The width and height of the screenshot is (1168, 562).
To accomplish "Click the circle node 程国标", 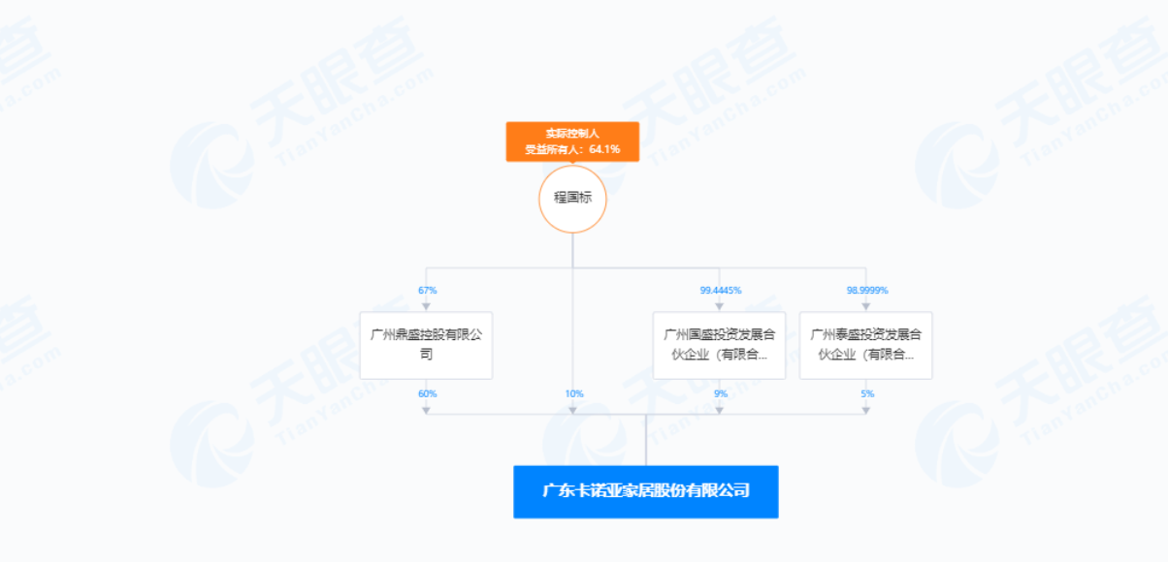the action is [x=572, y=199].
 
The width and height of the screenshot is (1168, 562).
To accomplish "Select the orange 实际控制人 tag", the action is [x=572, y=141].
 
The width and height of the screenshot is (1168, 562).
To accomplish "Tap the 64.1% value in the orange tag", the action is [x=604, y=149].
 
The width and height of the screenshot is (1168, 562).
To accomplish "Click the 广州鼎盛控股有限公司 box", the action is [x=426, y=345].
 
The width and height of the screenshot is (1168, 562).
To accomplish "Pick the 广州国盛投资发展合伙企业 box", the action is [x=719, y=345].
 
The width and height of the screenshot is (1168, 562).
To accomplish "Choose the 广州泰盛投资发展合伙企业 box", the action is [x=865, y=345].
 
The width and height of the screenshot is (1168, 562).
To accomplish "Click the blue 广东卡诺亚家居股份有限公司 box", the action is [x=646, y=491].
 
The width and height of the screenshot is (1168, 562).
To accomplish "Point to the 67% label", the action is [x=428, y=290].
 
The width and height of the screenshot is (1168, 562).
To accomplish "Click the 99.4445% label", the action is [x=721, y=290].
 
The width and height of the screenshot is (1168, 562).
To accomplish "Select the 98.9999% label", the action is [x=867, y=290].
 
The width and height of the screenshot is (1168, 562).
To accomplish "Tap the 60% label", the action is [x=428, y=393].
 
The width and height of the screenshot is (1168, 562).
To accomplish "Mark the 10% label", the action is [x=574, y=393].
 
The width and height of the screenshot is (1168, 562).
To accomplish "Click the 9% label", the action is [x=721, y=393].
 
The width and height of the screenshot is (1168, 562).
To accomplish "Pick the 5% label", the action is [x=867, y=393].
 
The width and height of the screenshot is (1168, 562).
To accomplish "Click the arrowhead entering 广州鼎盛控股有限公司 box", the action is [x=426, y=307].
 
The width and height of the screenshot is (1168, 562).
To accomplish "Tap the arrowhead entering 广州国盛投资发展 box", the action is [x=719, y=307].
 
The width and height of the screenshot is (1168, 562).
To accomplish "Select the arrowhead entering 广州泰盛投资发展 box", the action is [x=865, y=307].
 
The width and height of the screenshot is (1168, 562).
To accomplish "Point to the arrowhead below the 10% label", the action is [x=572, y=411].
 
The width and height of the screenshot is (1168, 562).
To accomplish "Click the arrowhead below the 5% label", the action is [x=865, y=411].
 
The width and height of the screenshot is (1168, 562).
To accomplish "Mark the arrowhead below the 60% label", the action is [x=426, y=411].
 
